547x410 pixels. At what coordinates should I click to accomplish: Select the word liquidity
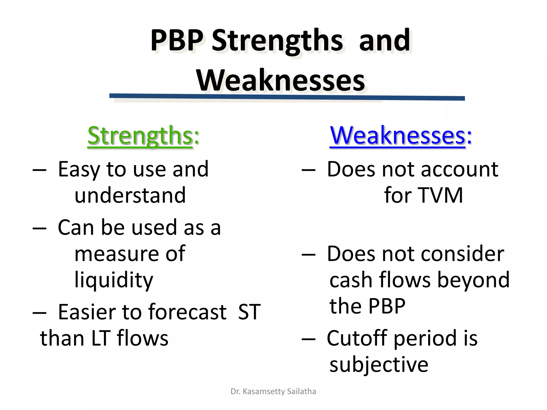pos(114,280)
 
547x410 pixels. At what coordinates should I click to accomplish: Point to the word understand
pos(130,195)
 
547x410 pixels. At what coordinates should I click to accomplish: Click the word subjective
pos(379,365)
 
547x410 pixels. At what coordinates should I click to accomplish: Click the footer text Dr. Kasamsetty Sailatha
pos(273,391)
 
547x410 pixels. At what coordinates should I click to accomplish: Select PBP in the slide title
pos(177,41)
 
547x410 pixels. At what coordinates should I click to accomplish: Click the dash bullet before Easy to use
pos(40,170)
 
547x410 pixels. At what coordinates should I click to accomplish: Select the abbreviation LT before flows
pos(101,338)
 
